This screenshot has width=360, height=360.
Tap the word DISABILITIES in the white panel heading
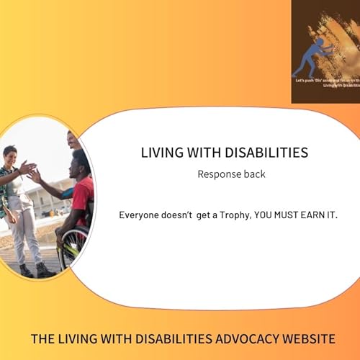coord(265,153)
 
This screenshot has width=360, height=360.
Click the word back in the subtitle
coord(254,174)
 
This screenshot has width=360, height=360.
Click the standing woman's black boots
coord(32,270)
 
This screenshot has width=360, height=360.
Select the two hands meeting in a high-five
coord(31,171)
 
